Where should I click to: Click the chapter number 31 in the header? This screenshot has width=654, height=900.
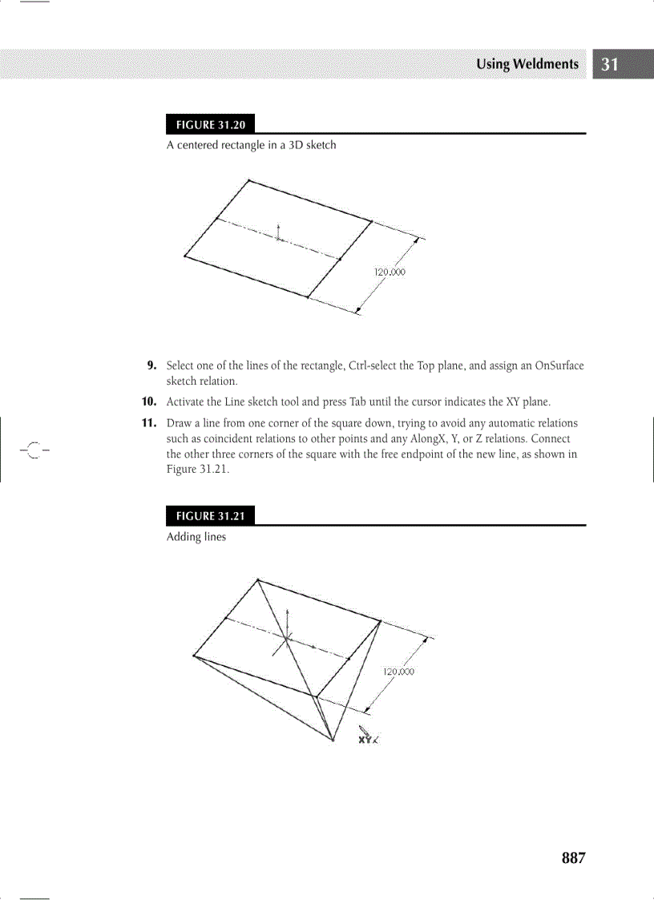[x=610, y=65]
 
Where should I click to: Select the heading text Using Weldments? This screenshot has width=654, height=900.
[x=527, y=64]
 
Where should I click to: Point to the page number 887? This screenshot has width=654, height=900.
[x=574, y=858]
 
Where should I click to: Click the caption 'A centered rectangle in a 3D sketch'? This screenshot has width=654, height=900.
[x=251, y=145]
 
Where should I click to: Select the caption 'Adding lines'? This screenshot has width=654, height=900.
[x=196, y=537]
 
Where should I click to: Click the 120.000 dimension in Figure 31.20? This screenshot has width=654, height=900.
[x=390, y=272]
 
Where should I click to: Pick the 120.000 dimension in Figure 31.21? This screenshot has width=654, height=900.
[x=398, y=672]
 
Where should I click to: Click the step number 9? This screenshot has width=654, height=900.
[x=151, y=366]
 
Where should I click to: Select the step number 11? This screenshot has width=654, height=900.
[x=149, y=422]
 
